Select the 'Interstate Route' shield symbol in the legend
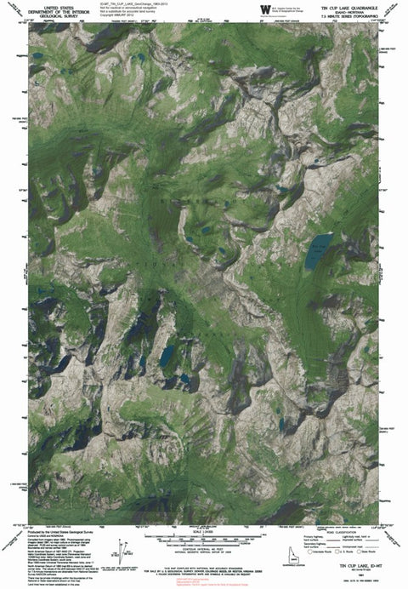click(x=295, y=551)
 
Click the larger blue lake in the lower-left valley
click(x=167, y=353)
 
